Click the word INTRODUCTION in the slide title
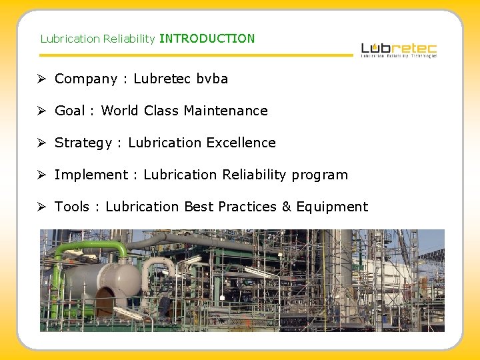pyautogui.click(x=207, y=39)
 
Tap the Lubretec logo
pyautogui.click(x=399, y=49)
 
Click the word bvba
pyautogui.click(x=212, y=79)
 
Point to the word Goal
pyautogui.click(x=69, y=111)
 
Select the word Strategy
pyautogui.click(x=83, y=143)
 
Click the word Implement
pyautogui.click(x=91, y=175)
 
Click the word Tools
pyautogui.click(x=71, y=207)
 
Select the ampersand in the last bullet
pyautogui.click(x=287, y=207)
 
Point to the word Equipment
pyautogui.click(x=332, y=207)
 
